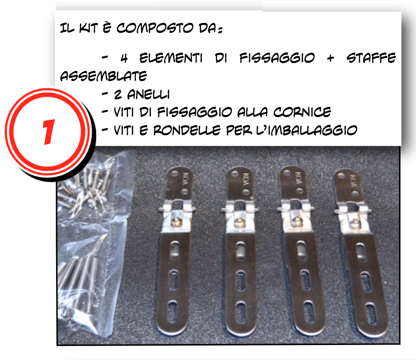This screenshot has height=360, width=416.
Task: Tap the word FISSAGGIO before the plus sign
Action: (x=276, y=59)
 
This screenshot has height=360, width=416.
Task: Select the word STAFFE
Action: (x=372, y=59)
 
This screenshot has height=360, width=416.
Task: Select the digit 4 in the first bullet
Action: (x=124, y=59)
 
